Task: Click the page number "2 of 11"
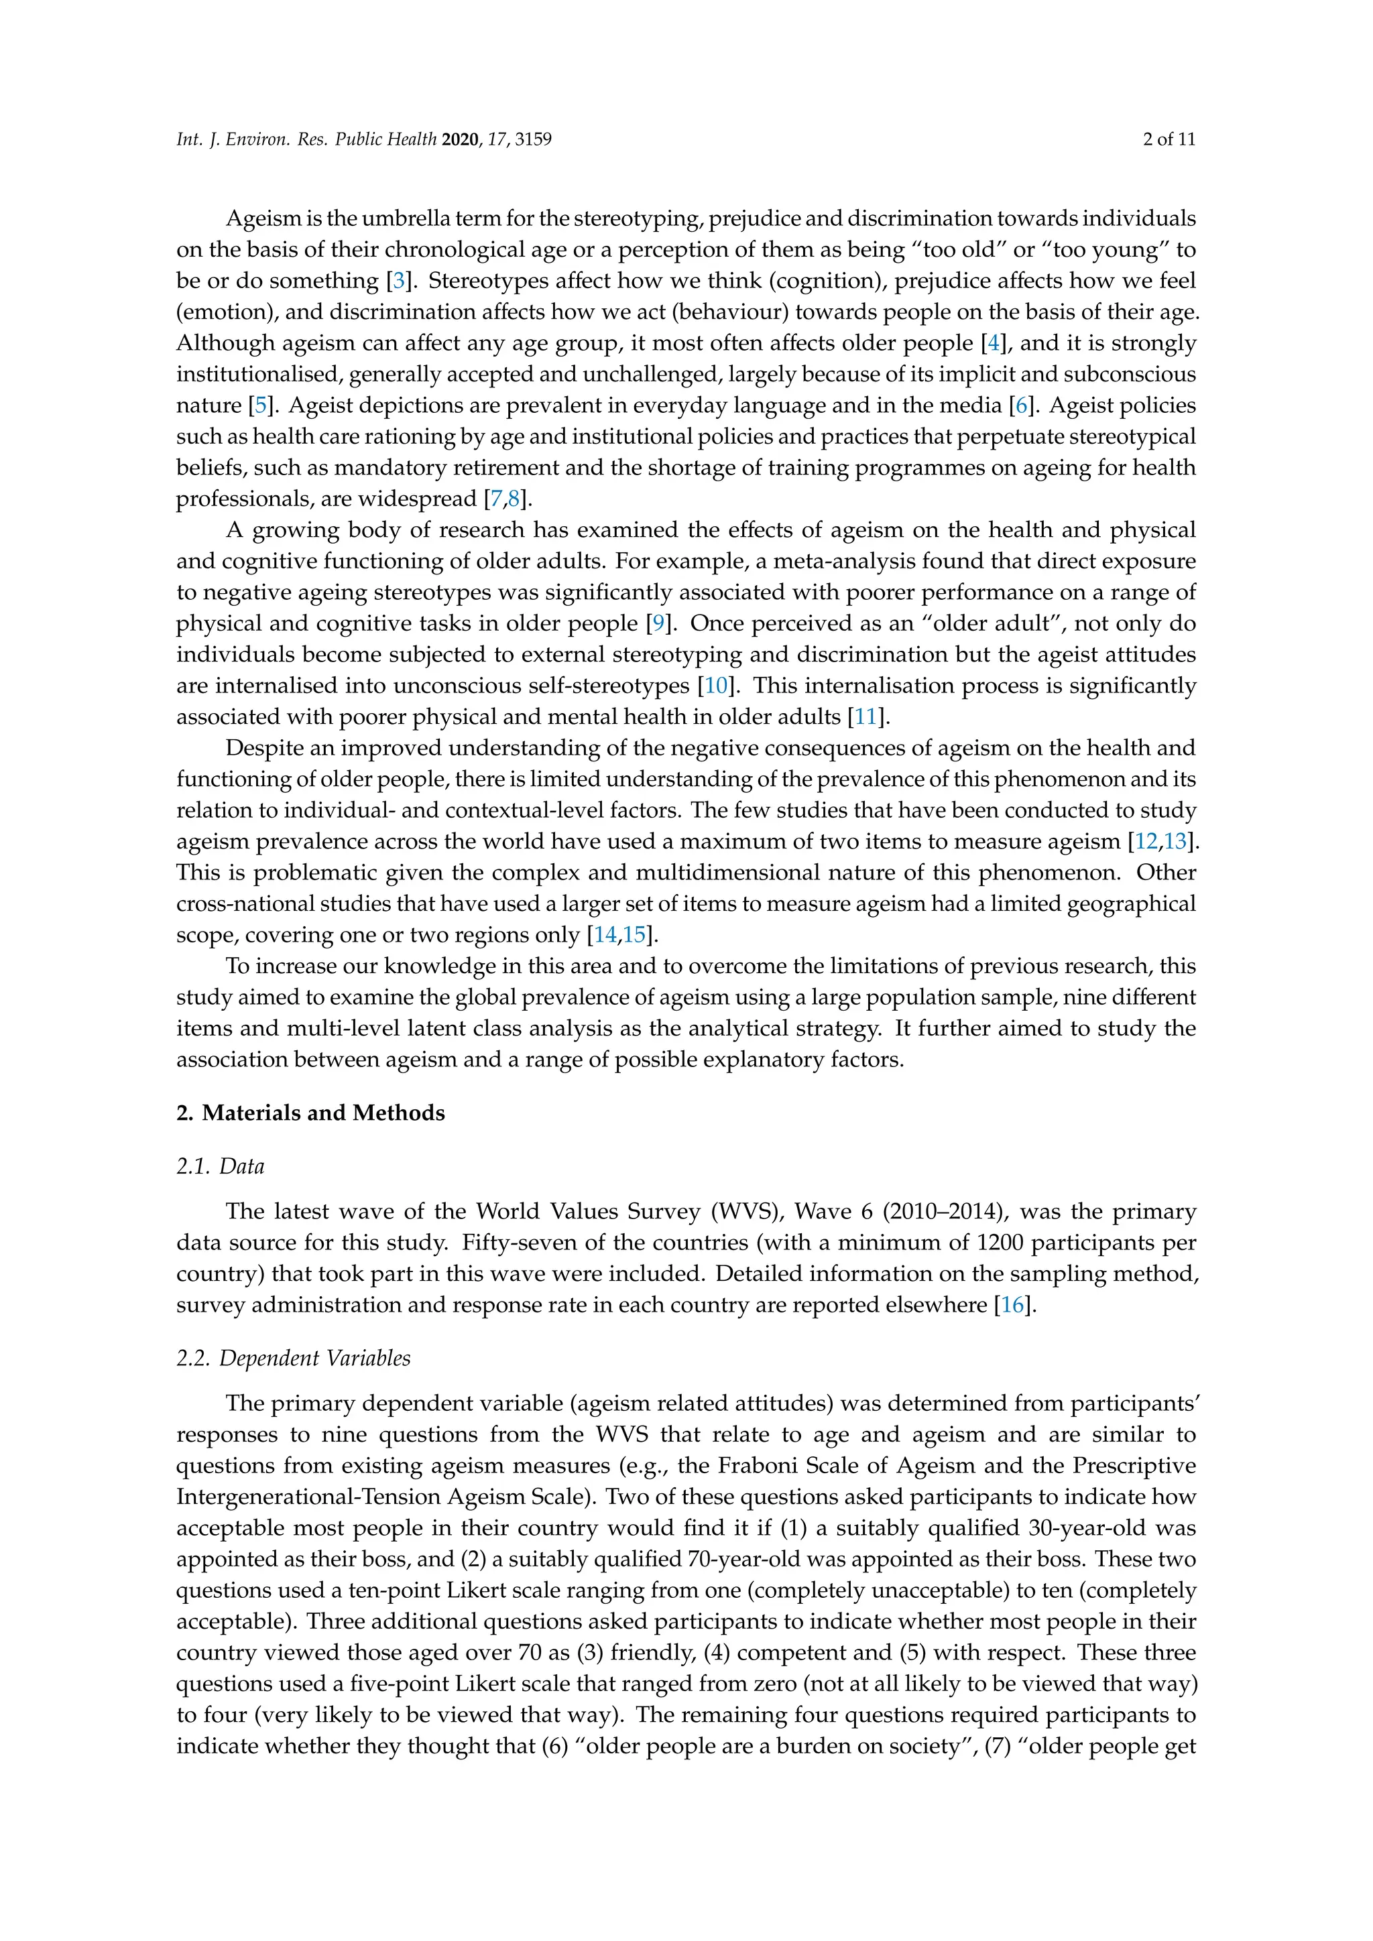coord(1169,139)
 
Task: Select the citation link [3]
coord(398,281)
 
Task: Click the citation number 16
coord(1013,1305)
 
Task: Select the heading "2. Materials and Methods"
coord(310,1113)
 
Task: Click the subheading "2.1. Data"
coord(220,1167)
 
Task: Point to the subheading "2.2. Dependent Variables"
coord(294,1359)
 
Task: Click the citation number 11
coord(865,718)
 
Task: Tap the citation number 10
coord(715,686)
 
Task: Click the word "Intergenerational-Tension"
coord(310,1497)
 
